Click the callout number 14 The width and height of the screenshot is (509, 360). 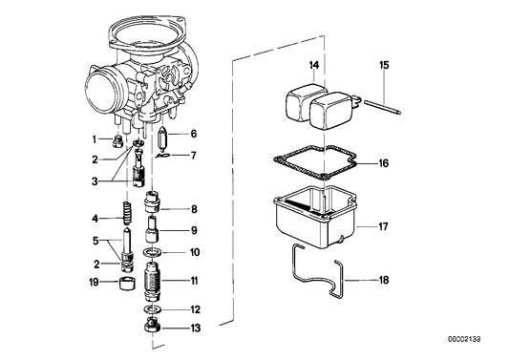click(312, 65)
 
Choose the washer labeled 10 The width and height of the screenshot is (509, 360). click(152, 252)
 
